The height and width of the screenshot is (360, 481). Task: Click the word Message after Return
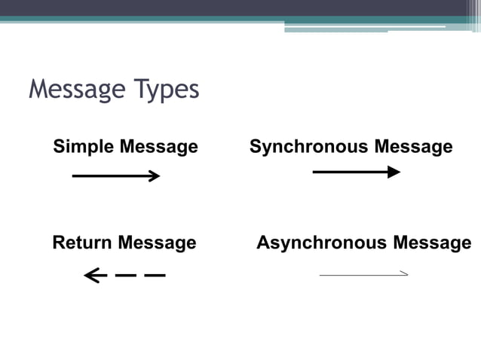[157, 243]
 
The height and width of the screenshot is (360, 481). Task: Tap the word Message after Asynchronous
[432, 243]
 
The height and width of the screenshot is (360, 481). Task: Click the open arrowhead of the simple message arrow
[155, 176]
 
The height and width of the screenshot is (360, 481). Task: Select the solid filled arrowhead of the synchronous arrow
[394, 172]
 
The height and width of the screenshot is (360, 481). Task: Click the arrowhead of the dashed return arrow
[91, 276]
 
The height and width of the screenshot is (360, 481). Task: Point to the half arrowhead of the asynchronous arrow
[404, 273]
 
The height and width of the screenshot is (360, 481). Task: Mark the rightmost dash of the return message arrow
[155, 276]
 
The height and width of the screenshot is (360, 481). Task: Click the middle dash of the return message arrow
[125, 276]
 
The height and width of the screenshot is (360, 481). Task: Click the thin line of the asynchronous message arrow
[359, 276]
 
